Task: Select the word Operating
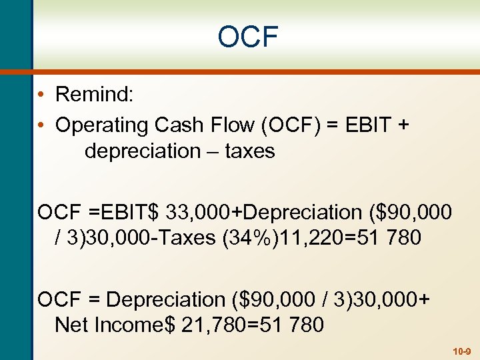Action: (102, 125)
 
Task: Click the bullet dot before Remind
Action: (41, 95)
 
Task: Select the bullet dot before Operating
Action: (41, 125)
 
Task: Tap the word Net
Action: (72, 325)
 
